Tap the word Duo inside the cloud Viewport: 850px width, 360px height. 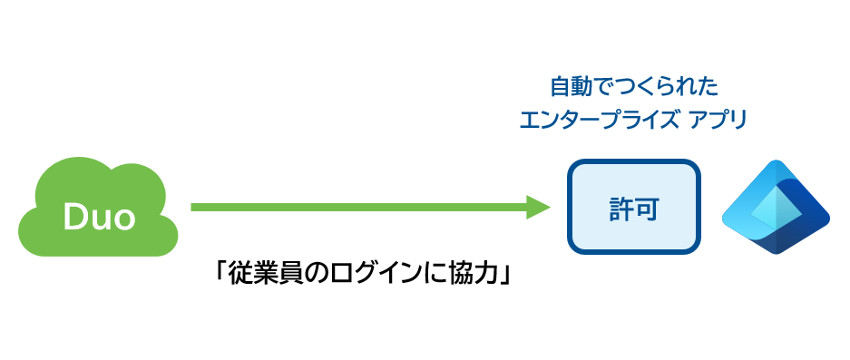pos(99,217)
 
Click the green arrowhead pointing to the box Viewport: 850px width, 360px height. pos(538,207)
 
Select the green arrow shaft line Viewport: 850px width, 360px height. pos(359,207)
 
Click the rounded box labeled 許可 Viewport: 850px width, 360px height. pos(634,207)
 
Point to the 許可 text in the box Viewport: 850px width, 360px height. pos(634,209)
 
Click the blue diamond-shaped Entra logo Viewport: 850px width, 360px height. pos(776,207)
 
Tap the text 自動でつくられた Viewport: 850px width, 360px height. pos(634,87)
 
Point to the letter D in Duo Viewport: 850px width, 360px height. pos(73,217)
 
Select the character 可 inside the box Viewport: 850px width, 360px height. pos(647,209)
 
